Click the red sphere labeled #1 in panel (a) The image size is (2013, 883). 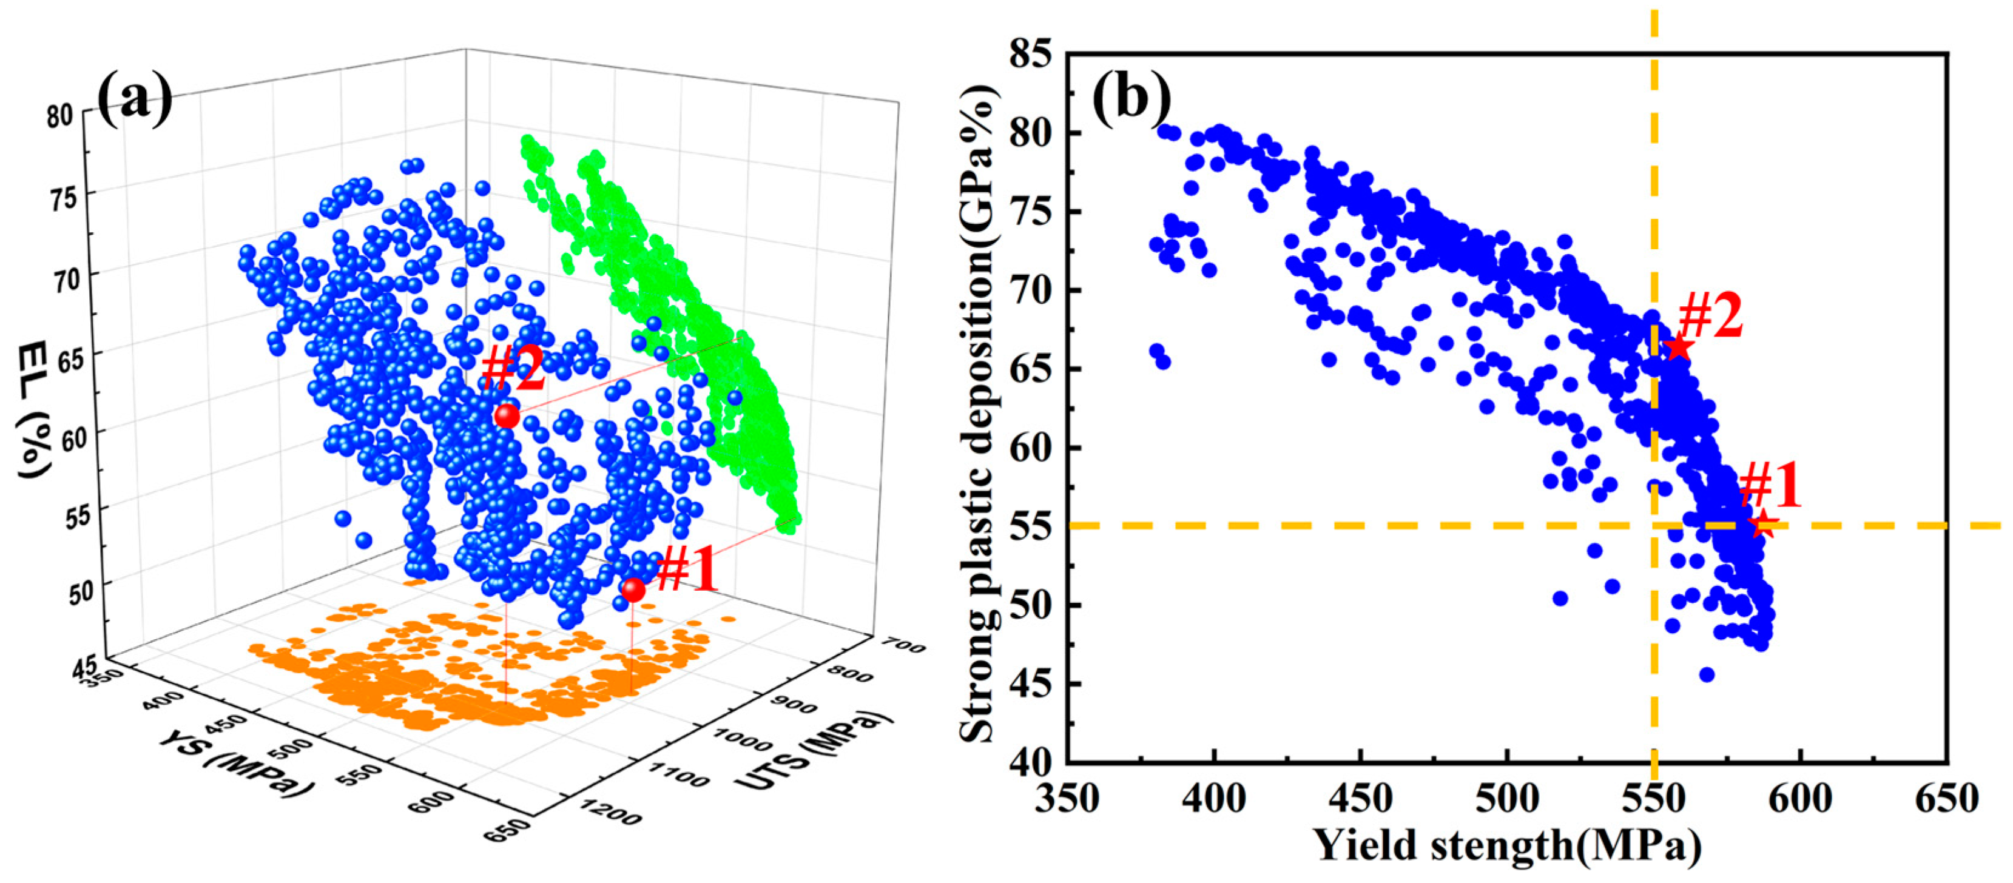click(x=633, y=589)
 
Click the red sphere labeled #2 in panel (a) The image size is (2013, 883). click(x=507, y=415)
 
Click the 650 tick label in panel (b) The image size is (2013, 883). click(x=1946, y=799)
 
